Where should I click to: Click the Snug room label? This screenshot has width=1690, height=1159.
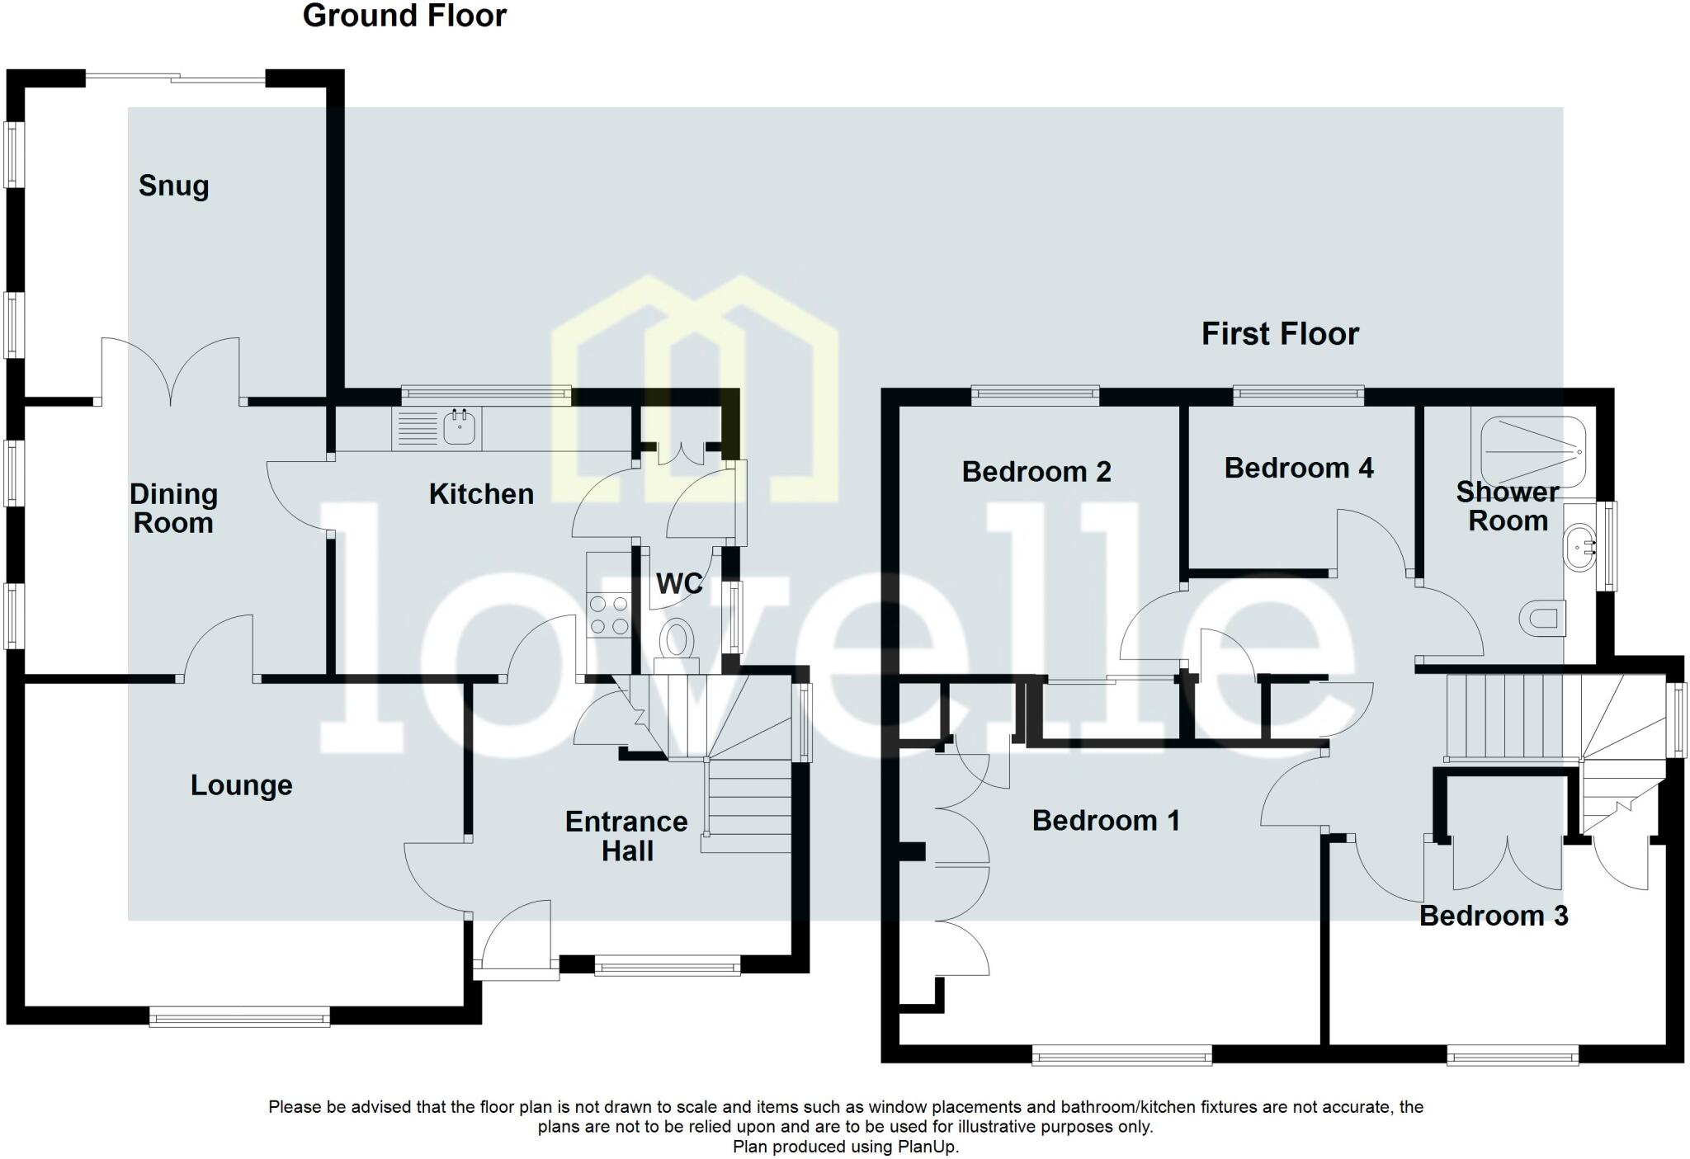173,186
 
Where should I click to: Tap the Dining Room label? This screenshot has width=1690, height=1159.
173,508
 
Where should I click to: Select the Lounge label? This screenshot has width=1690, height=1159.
241,784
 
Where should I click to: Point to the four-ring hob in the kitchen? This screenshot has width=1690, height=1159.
608,615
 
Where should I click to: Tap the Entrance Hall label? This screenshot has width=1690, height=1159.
626,836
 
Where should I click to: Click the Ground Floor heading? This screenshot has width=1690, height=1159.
404,16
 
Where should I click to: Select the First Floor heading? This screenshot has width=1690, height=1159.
1279,334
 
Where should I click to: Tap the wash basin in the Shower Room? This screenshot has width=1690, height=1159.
1578,546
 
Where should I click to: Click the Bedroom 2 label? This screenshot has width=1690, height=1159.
1036,472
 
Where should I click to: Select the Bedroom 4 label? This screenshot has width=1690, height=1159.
1298,469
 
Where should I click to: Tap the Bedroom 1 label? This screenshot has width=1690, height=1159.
1105,821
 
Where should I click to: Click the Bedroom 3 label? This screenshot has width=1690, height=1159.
1493,916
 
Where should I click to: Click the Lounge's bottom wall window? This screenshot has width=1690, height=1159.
239,1016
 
